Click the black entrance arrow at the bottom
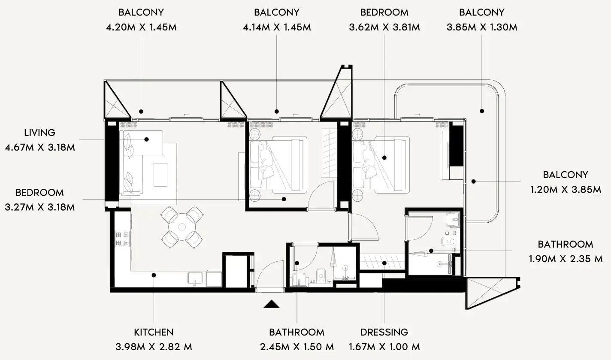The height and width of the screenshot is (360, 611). (x=272, y=304)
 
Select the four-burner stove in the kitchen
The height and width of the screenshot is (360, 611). (x=122, y=239)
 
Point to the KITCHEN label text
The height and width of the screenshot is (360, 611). (x=154, y=332)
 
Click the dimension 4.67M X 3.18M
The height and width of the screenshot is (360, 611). (x=40, y=148)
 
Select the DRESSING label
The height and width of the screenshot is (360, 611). (x=384, y=332)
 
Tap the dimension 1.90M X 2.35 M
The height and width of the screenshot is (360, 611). (x=565, y=259)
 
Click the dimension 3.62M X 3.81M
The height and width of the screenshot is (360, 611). (x=384, y=27)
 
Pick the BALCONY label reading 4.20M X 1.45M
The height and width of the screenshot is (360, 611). (x=141, y=12)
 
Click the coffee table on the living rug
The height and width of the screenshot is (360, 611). (x=160, y=174)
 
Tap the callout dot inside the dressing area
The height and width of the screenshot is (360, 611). (x=384, y=263)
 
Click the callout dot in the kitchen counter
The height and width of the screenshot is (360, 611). (x=154, y=275)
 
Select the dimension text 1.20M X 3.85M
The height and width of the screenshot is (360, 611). (x=565, y=189)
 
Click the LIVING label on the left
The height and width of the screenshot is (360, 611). (x=40, y=133)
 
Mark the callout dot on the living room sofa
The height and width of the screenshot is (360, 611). (x=146, y=139)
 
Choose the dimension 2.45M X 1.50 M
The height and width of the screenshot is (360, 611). (x=296, y=346)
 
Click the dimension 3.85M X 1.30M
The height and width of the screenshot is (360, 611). (x=482, y=27)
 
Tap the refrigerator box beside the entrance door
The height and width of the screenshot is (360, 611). (x=236, y=271)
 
